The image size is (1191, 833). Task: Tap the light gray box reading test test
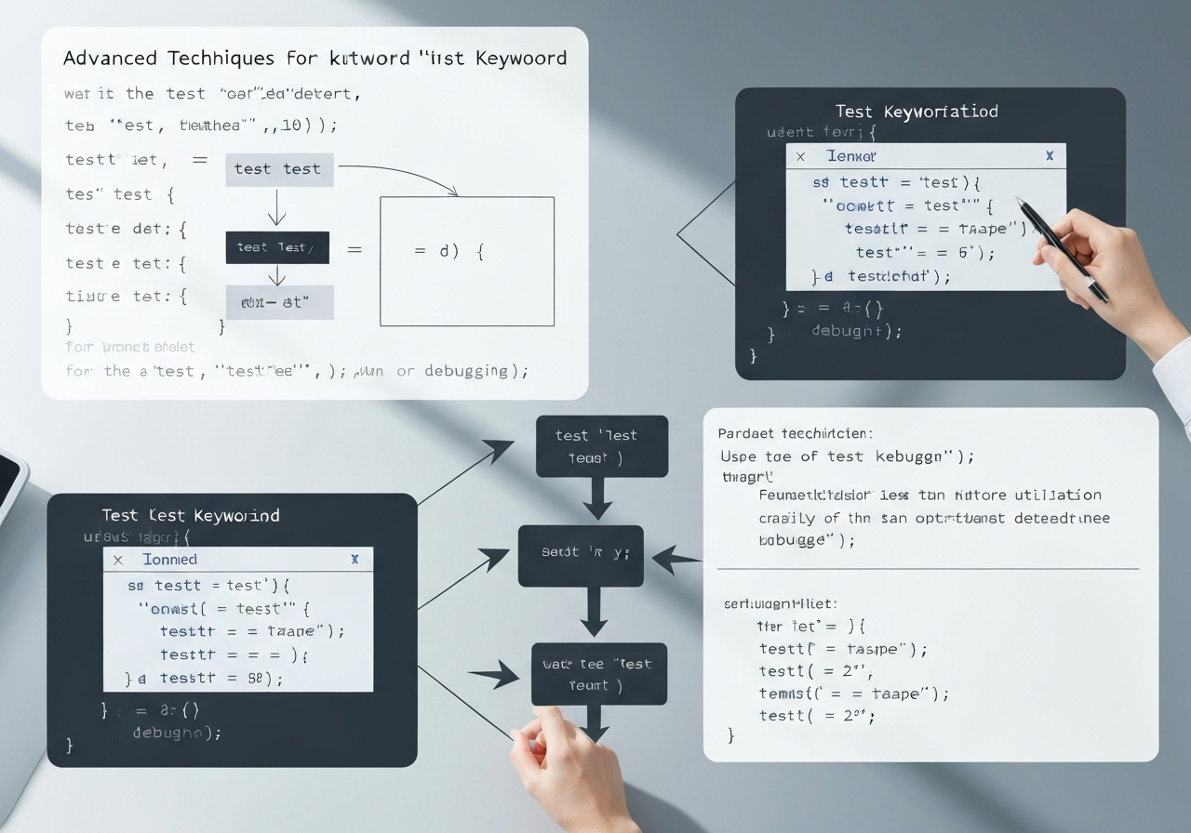pyautogui.click(x=277, y=169)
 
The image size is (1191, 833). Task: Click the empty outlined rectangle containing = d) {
pyautogui.click(x=467, y=261)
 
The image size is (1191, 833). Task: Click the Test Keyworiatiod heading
pyautogui.click(x=917, y=112)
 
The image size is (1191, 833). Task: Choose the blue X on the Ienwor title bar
pyautogui.click(x=1050, y=156)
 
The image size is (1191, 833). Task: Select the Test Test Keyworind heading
pyautogui.click(x=191, y=515)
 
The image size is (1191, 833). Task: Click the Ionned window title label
pyautogui.click(x=169, y=560)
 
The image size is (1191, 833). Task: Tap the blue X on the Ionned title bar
pyautogui.click(x=355, y=560)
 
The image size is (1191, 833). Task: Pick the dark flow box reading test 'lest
pyautogui.click(x=601, y=446)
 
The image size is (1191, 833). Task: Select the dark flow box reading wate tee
pyautogui.click(x=599, y=674)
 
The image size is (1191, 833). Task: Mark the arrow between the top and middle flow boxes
pyautogui.click(x=595, y=501)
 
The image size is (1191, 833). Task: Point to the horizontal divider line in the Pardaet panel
pyautogui.click(x=928, y=568)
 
